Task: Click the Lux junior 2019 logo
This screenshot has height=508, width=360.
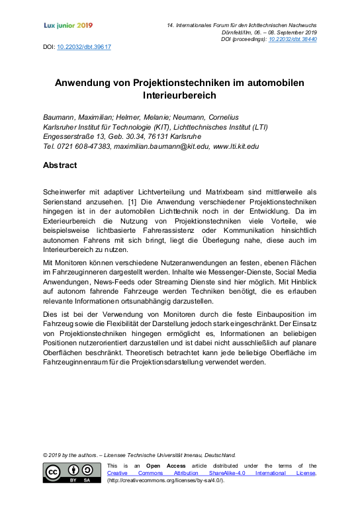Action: (67, 25)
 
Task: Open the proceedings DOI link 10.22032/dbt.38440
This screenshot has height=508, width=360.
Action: (294, 40)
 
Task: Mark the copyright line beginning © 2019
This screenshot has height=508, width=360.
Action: (139, 455)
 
